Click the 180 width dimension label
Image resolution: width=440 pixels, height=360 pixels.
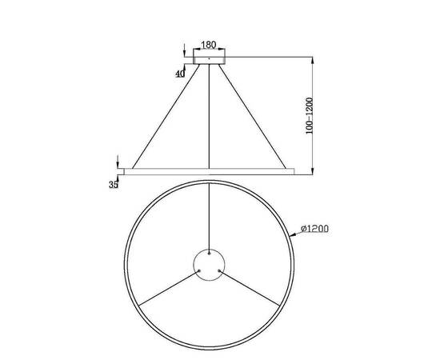pyautogui.click(x=210, y=46)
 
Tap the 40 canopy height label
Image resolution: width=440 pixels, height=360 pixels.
pyautogui.click(x=180, y=73)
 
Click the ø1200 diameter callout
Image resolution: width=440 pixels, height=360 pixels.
pyautogui.click(x=318, y=229)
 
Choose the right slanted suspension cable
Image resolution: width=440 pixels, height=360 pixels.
pyautogui.click(x=254, y=117)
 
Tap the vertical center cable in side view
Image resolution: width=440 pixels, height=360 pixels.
pyautogui.click(x=210, y=117)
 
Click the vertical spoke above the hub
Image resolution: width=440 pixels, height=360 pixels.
pyautogui.click(x=210, y=212)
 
